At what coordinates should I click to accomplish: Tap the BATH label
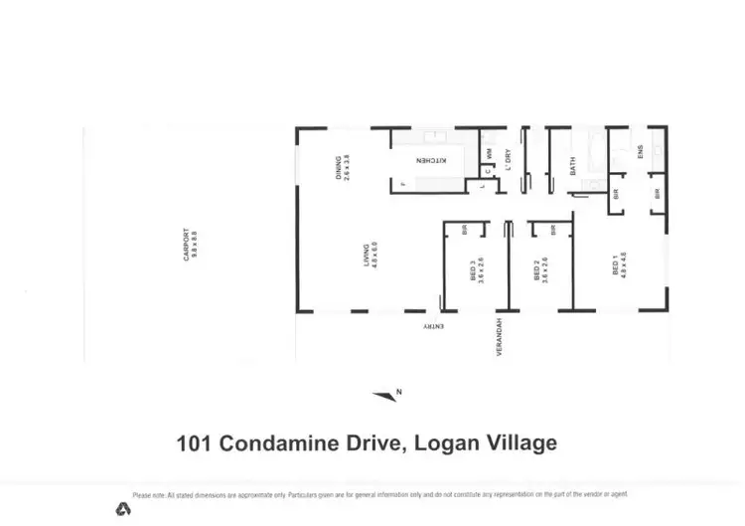(x=573, y=166)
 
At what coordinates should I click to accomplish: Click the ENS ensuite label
(x=641, y=153)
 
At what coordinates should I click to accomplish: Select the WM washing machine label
(x=489, y=154)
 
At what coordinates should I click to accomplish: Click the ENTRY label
(x=433, y=326)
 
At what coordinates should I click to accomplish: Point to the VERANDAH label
(x=499, y=338)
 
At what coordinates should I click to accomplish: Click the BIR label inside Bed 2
(x=551, y=231)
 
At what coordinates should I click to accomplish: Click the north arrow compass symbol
(x=385, y=395)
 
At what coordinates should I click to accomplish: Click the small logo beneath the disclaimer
(x=123, y=509)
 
